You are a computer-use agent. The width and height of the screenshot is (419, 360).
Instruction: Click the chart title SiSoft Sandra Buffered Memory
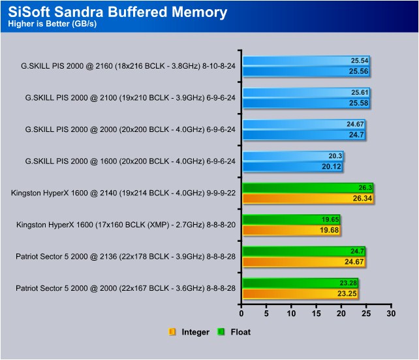117,12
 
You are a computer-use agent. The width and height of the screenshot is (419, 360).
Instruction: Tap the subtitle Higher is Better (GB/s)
52,24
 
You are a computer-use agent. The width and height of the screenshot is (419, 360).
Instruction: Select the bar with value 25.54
306,61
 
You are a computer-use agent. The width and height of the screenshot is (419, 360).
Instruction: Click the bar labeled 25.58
306,103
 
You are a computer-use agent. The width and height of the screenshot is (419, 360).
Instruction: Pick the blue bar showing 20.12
292,167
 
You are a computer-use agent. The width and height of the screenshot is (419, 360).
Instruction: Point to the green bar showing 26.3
308,188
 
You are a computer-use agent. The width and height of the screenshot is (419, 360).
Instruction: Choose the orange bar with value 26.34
308,199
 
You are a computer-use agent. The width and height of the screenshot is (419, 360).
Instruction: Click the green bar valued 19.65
291,220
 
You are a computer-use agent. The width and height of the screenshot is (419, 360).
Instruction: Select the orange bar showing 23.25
300,293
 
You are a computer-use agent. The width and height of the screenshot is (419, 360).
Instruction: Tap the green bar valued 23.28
300,284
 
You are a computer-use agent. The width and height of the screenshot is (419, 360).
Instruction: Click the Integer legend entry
189,332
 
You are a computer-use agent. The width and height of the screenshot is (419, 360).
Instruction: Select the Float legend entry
234,332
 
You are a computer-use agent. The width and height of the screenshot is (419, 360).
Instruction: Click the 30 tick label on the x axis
391,313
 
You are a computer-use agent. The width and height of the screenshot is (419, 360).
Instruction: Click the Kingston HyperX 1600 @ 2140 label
123,193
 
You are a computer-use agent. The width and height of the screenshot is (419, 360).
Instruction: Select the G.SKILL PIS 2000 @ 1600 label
130,161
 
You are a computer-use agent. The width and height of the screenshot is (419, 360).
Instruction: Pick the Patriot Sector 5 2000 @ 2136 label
125,257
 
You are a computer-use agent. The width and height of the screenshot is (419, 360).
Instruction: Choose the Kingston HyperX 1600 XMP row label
126,225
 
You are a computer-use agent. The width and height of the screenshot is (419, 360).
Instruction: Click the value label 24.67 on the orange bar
354,261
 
